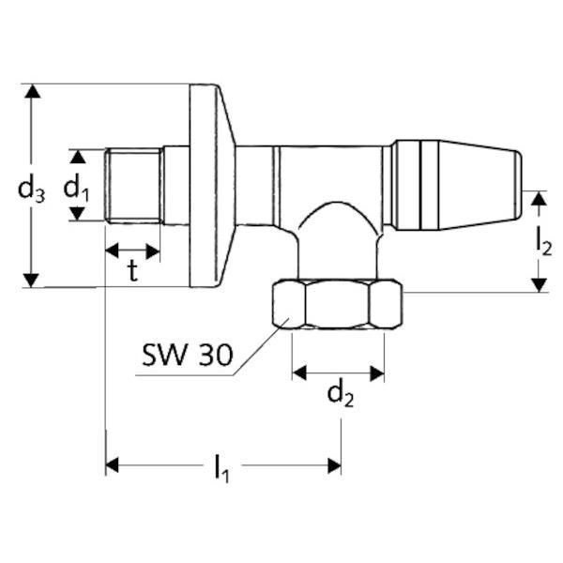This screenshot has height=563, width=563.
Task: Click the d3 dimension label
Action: pyautogui.click(x=32, y=190)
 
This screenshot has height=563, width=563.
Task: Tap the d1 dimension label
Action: pyautogui.click(x=76, y=189)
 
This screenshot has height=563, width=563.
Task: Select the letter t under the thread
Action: pyautogui.click(x=133, y=271)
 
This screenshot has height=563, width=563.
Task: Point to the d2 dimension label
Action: pyautogui.click(x=341, y=395)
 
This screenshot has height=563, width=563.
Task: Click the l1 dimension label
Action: pyautogui.click(x=221, y=468)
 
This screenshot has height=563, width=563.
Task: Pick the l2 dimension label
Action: pyautogui.click(x=543, y=243)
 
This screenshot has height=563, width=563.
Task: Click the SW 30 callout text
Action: pyautogui.click(x=188, y=355)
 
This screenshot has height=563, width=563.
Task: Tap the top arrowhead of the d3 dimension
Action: pyautogui.click(x=32, y=91)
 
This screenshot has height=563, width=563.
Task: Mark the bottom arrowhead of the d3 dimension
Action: pyautogui.click(x=31, y=280)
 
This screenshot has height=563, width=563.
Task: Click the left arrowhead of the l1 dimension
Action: pyautogui.click(x=112, y=465)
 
